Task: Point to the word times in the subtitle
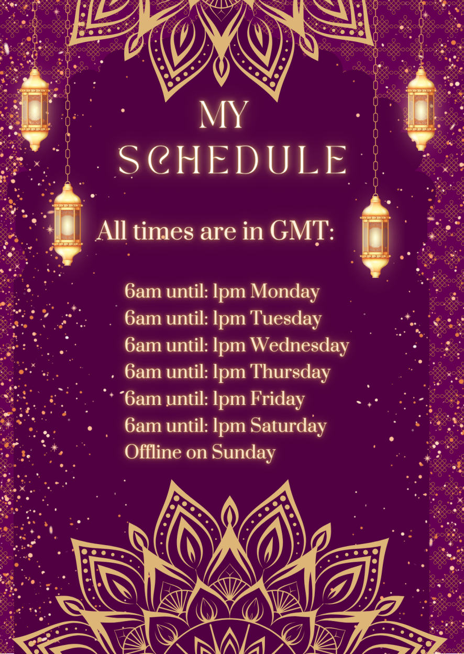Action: [x=163, y=230]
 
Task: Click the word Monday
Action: [x=285, y=292]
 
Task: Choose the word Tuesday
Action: [x=286, y=318]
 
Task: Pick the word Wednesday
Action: [x=300, y=345]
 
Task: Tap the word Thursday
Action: [x=291, y=372]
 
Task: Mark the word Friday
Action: [x=278, y=398]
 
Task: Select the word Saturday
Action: [x=289, y=425]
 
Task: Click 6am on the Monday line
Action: [x=143, y=292]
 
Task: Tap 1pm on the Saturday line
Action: [x=229, y=427]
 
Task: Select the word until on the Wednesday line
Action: [x=187, y=345]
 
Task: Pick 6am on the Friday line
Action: [x=143, y=398]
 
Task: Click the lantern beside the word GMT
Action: [x=375, y=237]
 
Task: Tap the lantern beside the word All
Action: [x=68, y=224]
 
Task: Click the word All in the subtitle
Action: [x=112, y=230]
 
